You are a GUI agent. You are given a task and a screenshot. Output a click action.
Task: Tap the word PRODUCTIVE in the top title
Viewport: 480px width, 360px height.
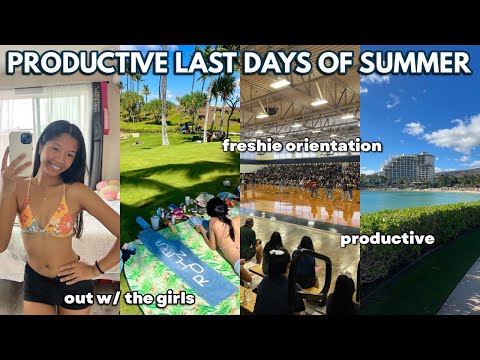click(84, 63)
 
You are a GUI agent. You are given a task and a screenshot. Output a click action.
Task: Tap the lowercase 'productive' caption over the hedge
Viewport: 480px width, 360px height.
click(387, 238)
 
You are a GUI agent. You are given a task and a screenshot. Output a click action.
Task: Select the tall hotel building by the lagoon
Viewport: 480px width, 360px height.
click(407, 168)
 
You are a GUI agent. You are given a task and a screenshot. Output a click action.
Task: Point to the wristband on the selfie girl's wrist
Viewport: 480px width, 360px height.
click(99, 268)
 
